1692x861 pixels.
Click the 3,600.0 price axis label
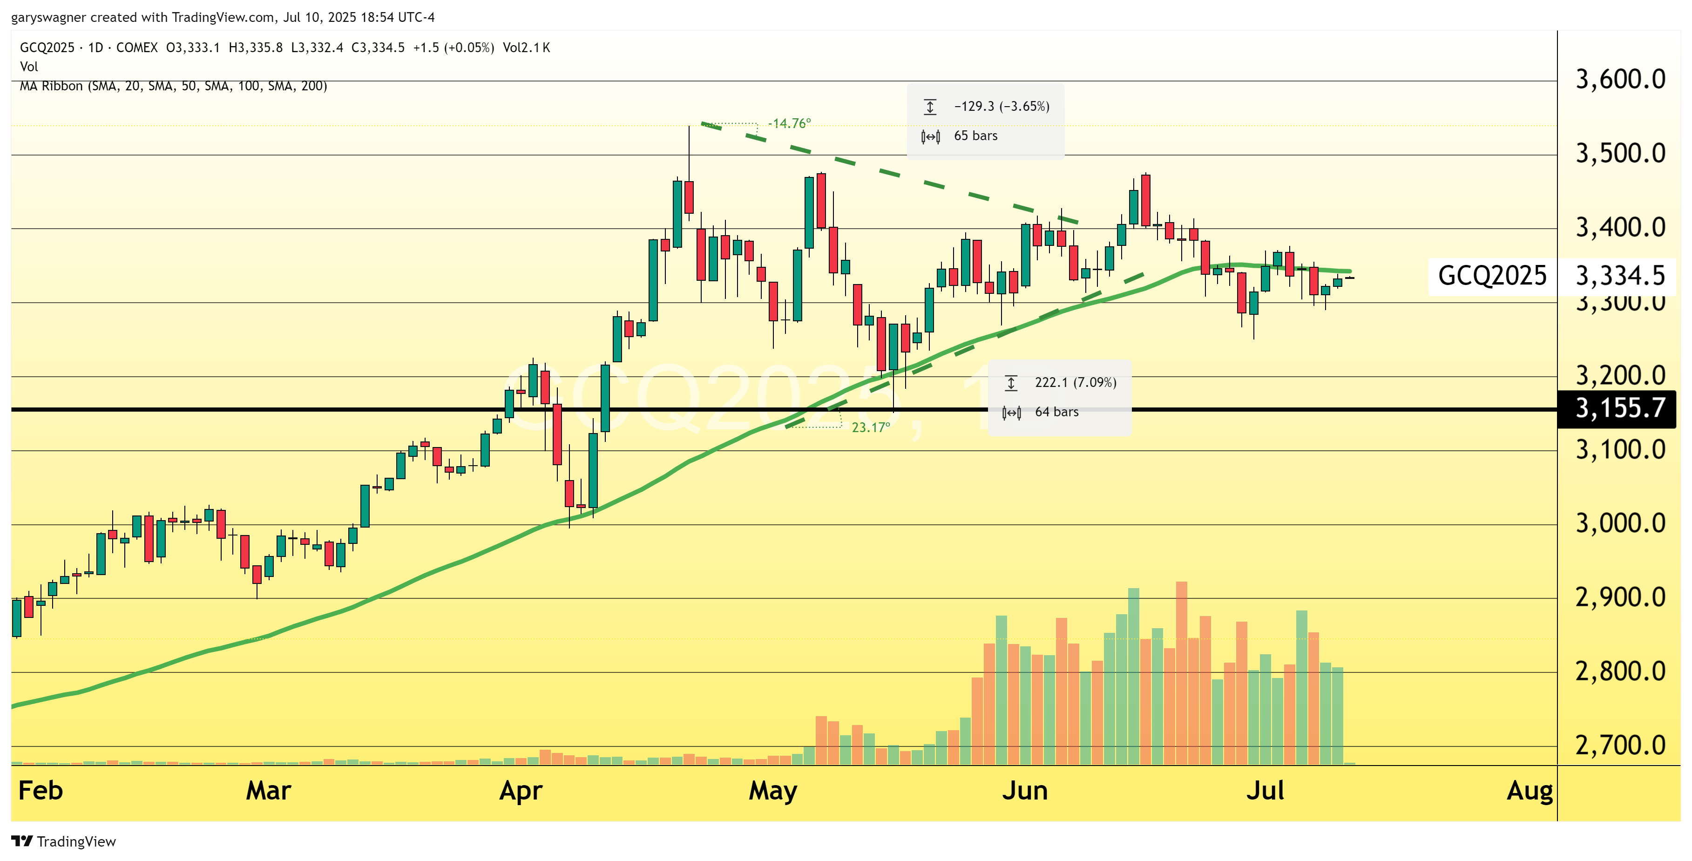coord(1620,80)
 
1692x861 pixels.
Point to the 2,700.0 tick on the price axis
coord(1620,746)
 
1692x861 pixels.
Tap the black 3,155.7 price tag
coord(1620,408)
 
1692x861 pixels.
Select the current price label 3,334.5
coord(1620,276)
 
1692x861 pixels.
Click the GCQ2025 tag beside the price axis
coord(1492,276)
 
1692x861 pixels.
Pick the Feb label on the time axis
coord(41,791)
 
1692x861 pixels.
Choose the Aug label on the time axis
coord(1529,791)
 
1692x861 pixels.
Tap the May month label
coord(772,791)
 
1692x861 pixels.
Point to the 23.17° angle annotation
coord(870,427)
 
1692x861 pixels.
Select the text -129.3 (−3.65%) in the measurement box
coord(1001,106)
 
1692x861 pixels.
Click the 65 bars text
coord(975,136)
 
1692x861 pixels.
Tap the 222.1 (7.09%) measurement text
coord(1075,382)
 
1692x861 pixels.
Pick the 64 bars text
coord(1056,412)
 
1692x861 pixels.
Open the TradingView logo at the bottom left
coord(64,841)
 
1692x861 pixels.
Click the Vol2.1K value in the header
coord(526,48)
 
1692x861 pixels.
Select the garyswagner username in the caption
coord(48,18)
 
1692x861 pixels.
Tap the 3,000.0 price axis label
coord(1620,524)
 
